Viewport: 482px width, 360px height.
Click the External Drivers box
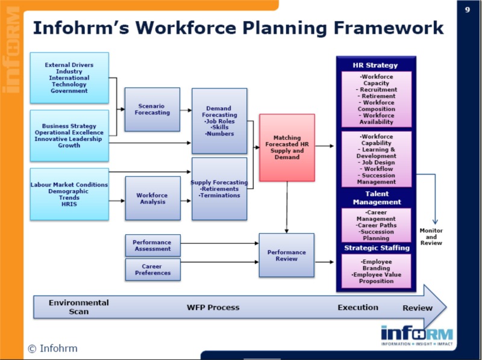[x=69, y=78]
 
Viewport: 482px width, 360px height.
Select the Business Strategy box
[x=69, y=135]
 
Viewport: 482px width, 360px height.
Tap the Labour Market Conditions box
[x=69, y=194]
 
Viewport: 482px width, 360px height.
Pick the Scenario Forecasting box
[x=152, y=110]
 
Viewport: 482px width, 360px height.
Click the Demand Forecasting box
[x=219, y=121]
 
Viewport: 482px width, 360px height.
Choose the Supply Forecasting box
[x=219, y=188]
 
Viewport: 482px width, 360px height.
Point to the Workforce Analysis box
[x=152, y=198]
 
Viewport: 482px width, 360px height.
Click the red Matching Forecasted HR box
[x=287, y=147]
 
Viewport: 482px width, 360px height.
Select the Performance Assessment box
[x=152, y=244]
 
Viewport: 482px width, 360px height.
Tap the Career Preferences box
[x=152, y=269]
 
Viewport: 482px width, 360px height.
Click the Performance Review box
[x=287, y=255]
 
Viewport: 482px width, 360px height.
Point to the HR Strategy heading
[x=375, y=65]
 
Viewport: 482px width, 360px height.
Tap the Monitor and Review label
[x=431, y=237]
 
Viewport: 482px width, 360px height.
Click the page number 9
[x=468, y=10]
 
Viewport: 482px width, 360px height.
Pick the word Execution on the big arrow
[x=358, y=307]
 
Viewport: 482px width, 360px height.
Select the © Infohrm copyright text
[x=53, y=348]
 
